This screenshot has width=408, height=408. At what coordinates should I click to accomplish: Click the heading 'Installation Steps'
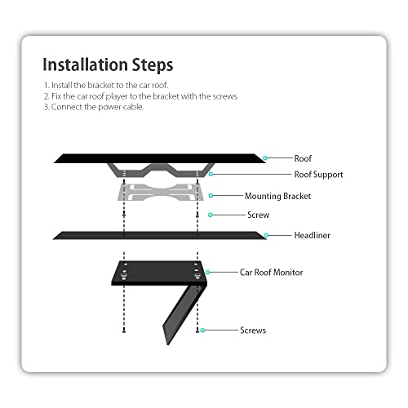108,64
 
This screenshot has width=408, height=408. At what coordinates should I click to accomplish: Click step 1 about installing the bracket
106,85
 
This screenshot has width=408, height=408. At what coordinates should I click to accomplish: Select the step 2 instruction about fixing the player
141,96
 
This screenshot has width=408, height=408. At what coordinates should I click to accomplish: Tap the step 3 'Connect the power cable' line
94,107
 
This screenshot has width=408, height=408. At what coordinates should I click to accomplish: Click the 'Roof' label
303,158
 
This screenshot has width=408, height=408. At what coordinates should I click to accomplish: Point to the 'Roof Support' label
318,175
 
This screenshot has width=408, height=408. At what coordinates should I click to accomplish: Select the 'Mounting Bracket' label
277,196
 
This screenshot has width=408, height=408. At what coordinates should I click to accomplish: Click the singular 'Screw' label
259,215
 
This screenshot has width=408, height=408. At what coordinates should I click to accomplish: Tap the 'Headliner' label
313,235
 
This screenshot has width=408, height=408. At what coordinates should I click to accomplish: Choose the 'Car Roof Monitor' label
271,273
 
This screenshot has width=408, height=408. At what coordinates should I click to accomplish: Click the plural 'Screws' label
253,330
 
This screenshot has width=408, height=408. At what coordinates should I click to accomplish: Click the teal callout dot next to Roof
265,158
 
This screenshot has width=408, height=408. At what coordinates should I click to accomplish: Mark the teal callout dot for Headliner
266,235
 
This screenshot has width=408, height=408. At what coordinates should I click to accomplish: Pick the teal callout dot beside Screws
202,330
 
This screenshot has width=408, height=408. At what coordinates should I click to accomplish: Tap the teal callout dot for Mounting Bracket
211,196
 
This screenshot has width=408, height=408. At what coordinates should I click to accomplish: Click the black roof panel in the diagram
160,158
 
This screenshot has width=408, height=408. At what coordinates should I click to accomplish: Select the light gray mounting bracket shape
161,192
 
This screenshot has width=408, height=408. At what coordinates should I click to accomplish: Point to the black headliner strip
160,236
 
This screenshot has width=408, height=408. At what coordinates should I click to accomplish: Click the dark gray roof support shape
161,172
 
